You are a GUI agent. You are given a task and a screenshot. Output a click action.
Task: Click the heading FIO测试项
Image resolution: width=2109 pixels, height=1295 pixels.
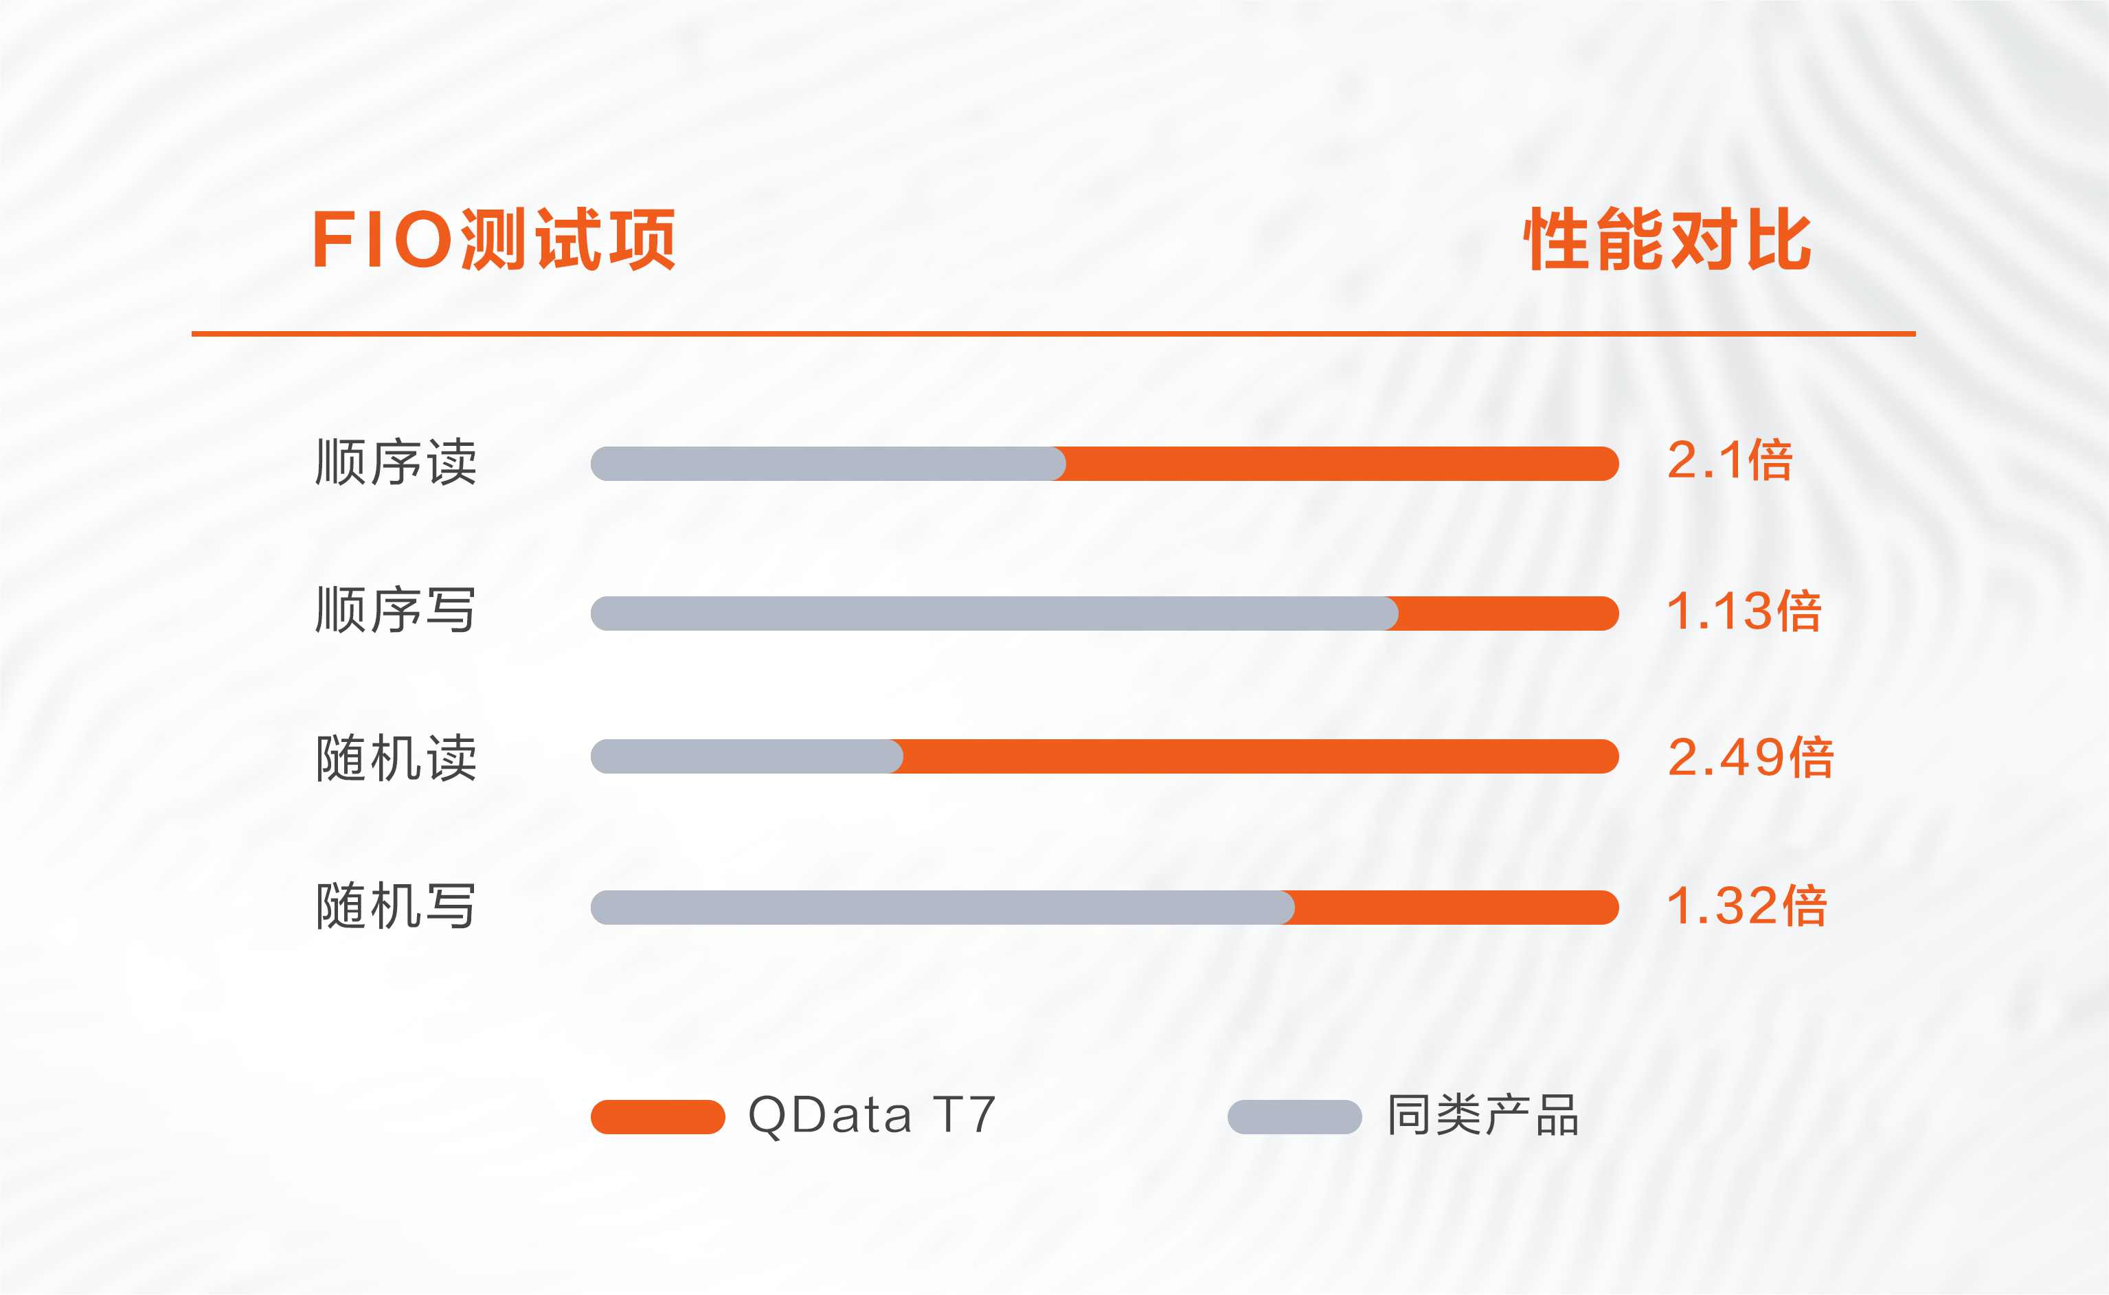tap(493, 239)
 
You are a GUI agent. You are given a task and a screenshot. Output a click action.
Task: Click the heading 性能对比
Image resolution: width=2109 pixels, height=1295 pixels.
tap(1667, 239)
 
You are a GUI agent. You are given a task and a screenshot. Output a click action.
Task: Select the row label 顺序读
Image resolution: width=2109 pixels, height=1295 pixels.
tap(396, 462)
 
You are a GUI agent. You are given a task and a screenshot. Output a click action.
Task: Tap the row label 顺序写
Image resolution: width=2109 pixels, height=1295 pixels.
tap(396, 611)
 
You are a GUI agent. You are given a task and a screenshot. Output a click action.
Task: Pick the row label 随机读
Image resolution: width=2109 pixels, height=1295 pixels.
tap(396, 758)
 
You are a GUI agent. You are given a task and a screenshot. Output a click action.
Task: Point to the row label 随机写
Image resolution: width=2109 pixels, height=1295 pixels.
tap(396, 906)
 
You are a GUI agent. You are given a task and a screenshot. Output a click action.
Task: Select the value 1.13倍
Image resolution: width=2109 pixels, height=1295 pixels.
tap(1744, 611)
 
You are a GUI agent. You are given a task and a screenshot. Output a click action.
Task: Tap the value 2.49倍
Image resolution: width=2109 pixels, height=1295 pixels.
tap(1750, 757)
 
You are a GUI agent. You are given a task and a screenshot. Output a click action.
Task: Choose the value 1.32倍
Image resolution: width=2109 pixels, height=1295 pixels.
tap(1747, 905)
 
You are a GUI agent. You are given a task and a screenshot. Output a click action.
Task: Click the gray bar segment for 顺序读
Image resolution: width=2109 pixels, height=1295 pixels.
tap(828, 463)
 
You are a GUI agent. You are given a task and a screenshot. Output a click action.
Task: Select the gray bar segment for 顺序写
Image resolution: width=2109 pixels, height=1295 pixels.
tap(994, 613)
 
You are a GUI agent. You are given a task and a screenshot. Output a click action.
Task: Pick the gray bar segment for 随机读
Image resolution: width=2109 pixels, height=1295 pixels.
tap(747, 756)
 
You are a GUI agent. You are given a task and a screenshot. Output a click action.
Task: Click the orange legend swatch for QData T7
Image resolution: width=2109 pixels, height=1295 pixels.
tap(657, 1117)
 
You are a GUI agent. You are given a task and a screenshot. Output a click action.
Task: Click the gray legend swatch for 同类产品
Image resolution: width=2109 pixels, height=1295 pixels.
tap(1295, 1117)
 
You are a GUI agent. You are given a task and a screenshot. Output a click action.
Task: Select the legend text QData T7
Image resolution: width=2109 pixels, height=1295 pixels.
tap(872, 1116)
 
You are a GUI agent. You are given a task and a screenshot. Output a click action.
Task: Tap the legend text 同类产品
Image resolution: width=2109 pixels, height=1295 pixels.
tap(1482, 1115)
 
